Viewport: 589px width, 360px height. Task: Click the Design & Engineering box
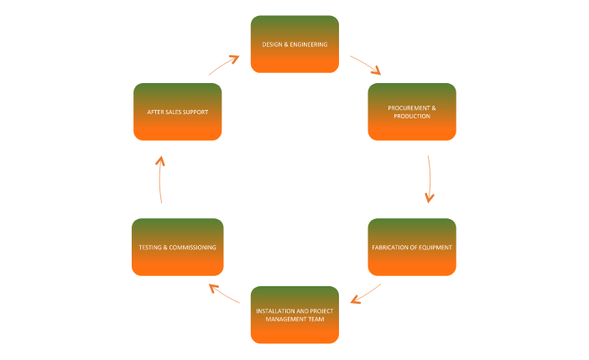click(294, 44)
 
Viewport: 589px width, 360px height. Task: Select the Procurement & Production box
click(412, 112)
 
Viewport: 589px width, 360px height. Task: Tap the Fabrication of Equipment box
click(412, 247)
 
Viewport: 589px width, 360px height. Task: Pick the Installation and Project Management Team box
click(294, 315)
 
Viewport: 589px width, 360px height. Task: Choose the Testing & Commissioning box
click(177, 247)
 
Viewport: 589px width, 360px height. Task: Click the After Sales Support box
click(177, 112)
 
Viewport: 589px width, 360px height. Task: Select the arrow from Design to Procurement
click(366, 65)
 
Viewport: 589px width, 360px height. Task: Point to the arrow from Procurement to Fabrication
click(430, 179)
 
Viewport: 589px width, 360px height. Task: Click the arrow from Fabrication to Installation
click(366, 294)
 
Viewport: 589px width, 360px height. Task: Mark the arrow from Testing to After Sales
click(160, 179)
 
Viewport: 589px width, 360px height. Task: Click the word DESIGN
click(273, 44)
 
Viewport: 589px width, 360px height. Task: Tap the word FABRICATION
click(390, 248)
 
